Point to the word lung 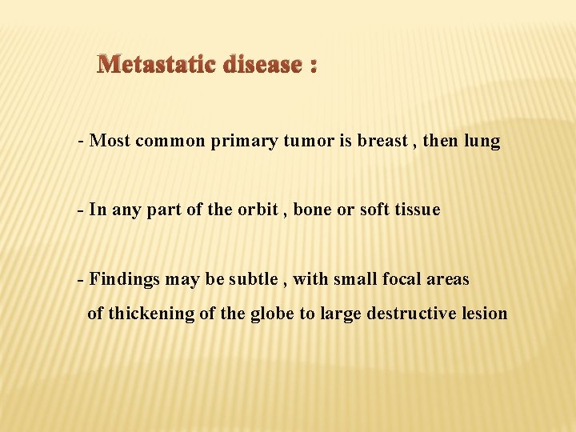pyautogui.click(x=482, y=142)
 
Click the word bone pyautogui.click(x=314, y=210)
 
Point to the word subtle pyautogui.click(x=253, y=279)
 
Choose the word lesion pyautogui.click(x=485, y=314)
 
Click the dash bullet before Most pyautogui.click(x=81, y=142)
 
